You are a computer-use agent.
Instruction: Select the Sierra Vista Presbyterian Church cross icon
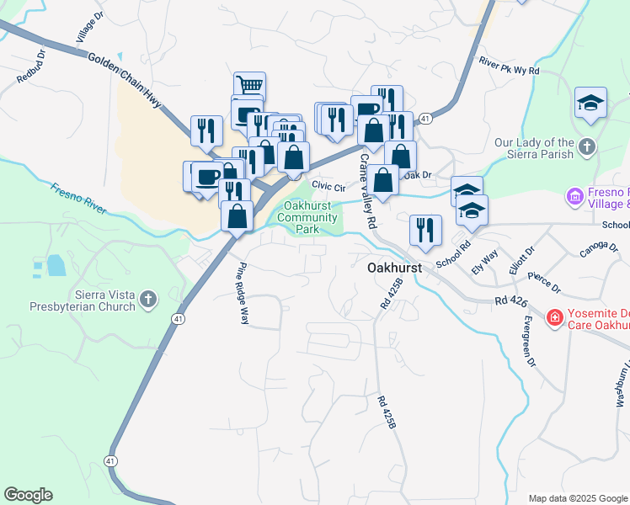click(148, 299)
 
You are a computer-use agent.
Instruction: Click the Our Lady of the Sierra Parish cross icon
click(586, 148)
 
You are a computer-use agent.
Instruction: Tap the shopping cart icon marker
click(249, 86)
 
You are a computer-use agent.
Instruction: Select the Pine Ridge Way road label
click(243, 294)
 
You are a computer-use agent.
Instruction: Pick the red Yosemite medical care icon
click(553, 317)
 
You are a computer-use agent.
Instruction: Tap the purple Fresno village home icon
click(576, 197)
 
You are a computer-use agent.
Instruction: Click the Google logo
click(28, 495)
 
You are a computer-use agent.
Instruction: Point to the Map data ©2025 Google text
click(578, 498)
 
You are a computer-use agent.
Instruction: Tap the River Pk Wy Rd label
click(508, 66)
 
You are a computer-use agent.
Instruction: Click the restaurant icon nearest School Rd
click(426, 230)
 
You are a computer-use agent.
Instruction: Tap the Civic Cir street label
click(328, 185)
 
